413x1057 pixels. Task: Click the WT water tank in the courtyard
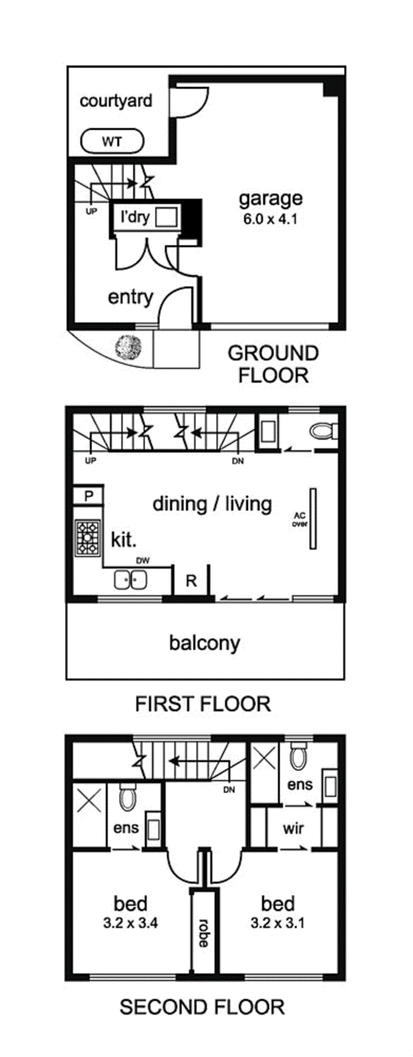pyautogui.click(x=112, y=142)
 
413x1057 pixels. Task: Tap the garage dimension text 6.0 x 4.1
pyautogui.click(x=270, y=219)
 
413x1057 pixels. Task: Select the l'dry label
pyautogui.click(x=135, y=217)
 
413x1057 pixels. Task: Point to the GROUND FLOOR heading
pyautogui.click(x=273, y=364)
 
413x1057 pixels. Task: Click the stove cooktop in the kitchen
pyautogui.click(x=88, y=538)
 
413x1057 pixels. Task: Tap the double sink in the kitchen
pyautogui.click(x=130, y=580)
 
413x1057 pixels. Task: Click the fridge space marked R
pyautogui.click(x=191, y=581)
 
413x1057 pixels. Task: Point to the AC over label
pyautogui.click(x=300, y=519)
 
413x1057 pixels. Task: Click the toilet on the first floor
pyautogui.click(x=323, y=431)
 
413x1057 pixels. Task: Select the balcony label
pyautogui.click(x=204, y=643)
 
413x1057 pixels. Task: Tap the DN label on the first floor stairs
pyautogui.click(x=238, y=461)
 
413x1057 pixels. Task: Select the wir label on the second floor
pyautogui.click(x=293, y=828)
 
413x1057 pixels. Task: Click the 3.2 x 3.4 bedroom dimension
pyautogui.click(x=130, y=923)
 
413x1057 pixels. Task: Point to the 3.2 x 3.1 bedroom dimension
pyautogui.click(x=277, y=923)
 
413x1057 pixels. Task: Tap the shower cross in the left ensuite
pyautogui.click(x=89, y=801)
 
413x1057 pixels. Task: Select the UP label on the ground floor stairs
pyautogui.click(x=91, y=211)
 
